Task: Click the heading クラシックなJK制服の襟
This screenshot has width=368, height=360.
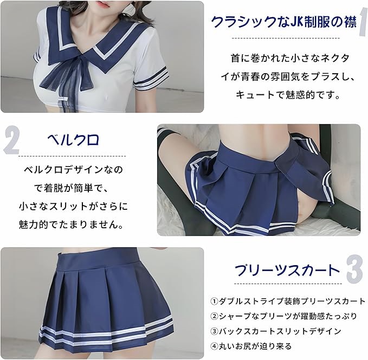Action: click(284, 22)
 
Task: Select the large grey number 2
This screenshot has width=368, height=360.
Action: click(11, 140)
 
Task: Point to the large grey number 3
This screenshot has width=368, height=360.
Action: click(354, 269)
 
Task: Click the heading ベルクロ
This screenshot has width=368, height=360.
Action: click(73, 140)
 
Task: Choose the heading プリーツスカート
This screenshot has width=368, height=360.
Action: click(287, 270)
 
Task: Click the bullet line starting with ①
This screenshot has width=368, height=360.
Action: click(288, 301)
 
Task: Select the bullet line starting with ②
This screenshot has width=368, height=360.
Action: click(284, 316)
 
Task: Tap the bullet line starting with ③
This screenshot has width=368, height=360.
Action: click(276, 331)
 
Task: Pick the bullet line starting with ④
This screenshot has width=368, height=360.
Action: click(251, 346)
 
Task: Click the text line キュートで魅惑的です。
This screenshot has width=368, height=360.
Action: click(288, 95)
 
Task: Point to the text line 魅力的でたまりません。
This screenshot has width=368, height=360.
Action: click(72, 225)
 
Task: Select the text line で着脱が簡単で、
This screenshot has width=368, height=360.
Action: click(72, 188)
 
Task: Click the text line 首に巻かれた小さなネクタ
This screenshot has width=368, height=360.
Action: click(290, 58)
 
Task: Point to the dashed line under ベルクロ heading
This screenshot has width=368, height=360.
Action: click(72, 156)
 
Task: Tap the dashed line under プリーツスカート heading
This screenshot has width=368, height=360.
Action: click(288, 284)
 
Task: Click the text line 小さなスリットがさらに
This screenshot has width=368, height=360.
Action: click(74, 207)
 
